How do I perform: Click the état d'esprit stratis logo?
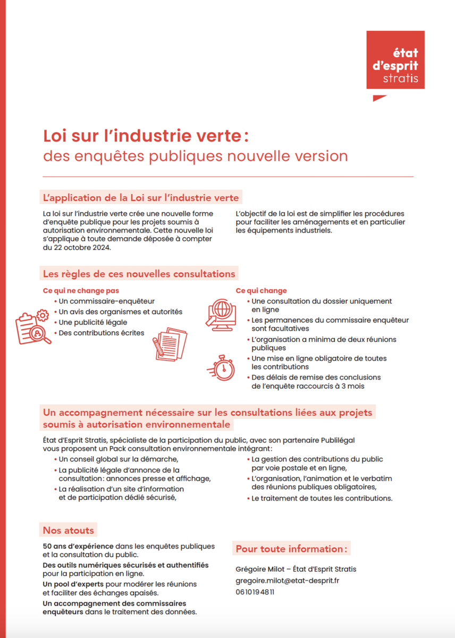[395, 60]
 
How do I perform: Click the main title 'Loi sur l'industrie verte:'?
[146, 136]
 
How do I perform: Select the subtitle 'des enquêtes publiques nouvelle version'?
[195, 156]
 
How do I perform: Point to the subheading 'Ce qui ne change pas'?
[81, 291]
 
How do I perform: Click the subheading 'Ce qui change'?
[261, 291]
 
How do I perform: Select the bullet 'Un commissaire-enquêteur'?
[106, 301]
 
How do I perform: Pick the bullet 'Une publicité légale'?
[92, 322]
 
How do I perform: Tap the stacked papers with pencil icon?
[170, 342]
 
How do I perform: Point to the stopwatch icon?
[221, 367]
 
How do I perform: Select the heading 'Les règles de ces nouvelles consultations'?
[139, 274]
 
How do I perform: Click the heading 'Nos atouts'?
[69, 531]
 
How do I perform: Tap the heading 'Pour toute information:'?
[291, 549]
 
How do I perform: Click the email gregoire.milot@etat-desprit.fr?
[288, 581]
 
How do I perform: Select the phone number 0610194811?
[255, 592]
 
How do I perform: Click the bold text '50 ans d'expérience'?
[78, 546]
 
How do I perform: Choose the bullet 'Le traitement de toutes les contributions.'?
[322, 499]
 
